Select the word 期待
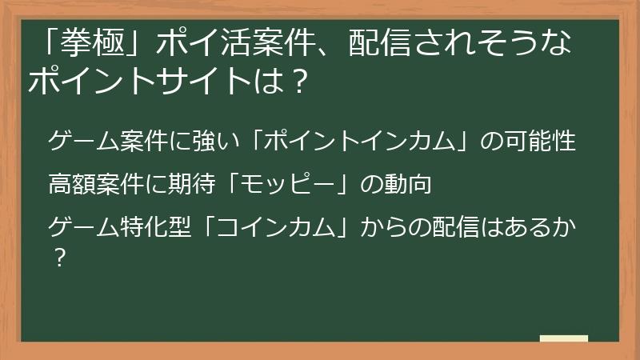pyautogui.click(x=216, y=184)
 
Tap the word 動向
pyautogui.click(x=410, y=184)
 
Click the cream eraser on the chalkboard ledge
pyautogui.click(x=564, y=338)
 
